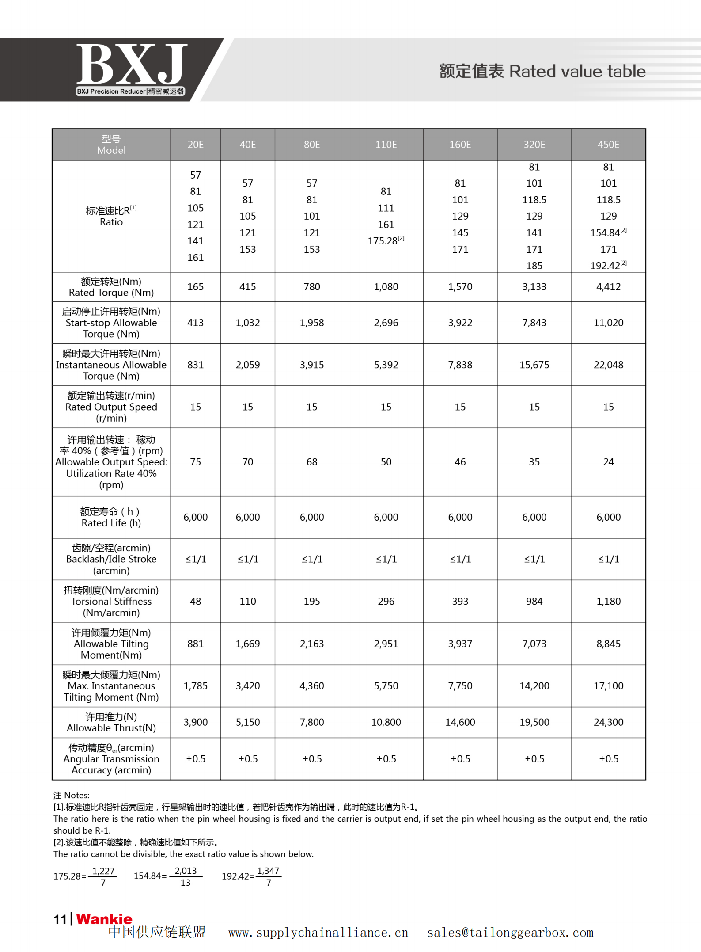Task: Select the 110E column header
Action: click(386, 145)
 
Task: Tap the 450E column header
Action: click(608, 145)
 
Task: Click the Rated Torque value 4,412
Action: click(608, 287)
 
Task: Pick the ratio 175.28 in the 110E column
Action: click(383, 241)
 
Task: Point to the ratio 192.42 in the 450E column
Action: click(606, 266)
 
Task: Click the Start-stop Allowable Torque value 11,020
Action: click(608, 323)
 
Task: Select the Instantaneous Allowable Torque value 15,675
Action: click(534, 365)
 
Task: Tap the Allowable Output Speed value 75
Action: click(195, 462)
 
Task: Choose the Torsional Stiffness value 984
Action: click(534, 601)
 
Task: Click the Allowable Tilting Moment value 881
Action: click(195, 644)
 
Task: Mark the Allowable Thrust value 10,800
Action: click(386, 722)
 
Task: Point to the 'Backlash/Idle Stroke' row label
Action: click(111, 559)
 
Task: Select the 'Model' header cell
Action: click(111, 145)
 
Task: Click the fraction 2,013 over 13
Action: click(186, 876)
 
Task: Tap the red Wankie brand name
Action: click(104, 919)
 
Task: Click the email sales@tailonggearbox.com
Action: click(510, 933)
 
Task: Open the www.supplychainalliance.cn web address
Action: click(318, 933)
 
